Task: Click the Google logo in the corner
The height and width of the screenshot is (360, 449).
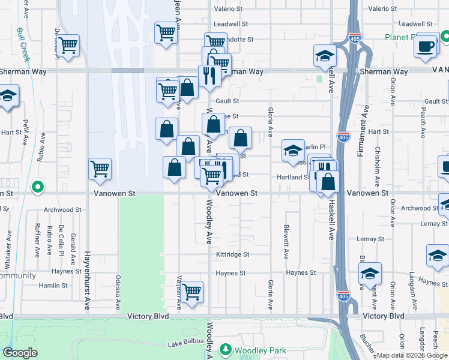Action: click(x=20, y=353)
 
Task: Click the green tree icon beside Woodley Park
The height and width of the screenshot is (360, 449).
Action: click(x=226, y=349)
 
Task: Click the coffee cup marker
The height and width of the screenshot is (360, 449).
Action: click(x=427, y=46)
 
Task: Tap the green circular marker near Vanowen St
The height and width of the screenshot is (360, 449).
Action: click(x=38, y=187)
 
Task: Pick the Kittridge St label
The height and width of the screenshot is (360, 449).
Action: click(x=232, y=254)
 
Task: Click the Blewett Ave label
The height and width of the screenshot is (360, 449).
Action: click(x=286, y=241)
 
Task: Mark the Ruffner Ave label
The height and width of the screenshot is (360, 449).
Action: click(x=37, y=240)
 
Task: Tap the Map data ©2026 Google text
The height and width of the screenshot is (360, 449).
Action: click(x=412, y=355)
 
